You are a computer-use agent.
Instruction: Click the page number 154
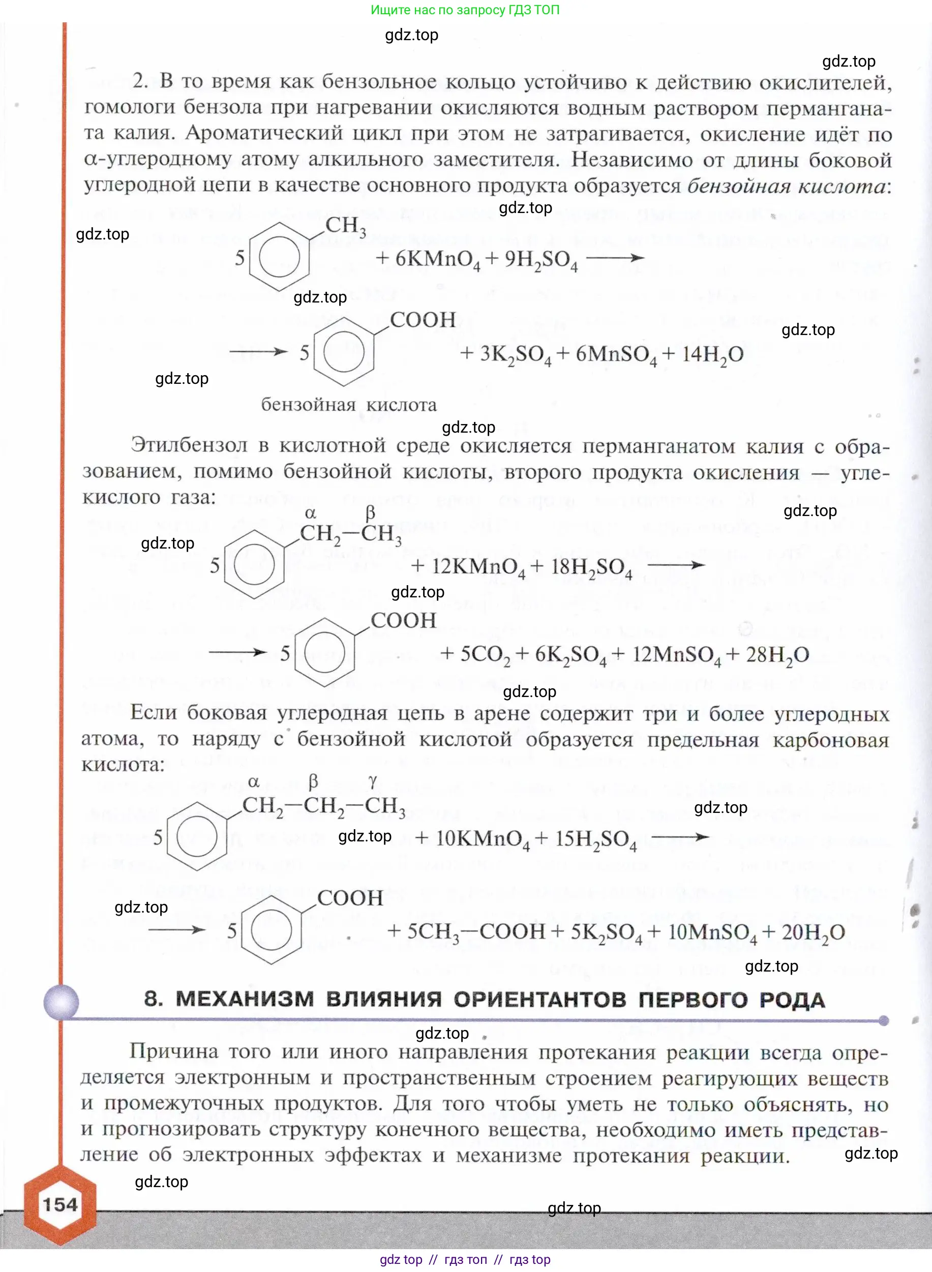pos(60,1205)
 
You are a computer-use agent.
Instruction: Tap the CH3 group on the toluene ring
pos(345,226)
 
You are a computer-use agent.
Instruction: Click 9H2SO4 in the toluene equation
pos(540,259)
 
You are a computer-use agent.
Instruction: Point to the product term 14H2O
pos(712,355)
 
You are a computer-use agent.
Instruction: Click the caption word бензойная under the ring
pos(308,405)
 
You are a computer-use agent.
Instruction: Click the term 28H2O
pos(777,655)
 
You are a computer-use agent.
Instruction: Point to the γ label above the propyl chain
pos(372,781)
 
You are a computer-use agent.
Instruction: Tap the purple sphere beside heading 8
pos(62,1002)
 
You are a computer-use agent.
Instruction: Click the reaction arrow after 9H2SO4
pos(615,258)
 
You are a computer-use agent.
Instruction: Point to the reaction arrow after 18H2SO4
pos(676,565)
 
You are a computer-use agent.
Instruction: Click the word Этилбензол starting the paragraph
pos(189,446)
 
